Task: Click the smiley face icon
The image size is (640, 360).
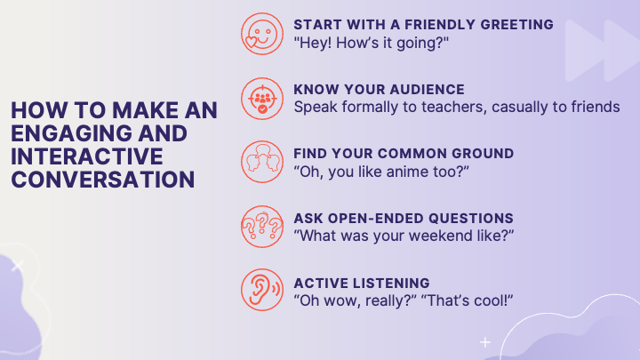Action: tap(262, 34)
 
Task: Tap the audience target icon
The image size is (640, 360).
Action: tap(262, 99)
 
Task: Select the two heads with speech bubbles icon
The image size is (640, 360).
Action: tap(262, 162)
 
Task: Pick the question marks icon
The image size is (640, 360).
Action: tap(262, 227)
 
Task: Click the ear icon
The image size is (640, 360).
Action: tap(262, 290)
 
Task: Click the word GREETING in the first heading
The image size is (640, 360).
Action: tap(516, 25)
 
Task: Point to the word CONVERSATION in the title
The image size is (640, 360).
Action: tap(103, 180)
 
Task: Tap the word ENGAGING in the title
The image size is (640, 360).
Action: tap(71, 133)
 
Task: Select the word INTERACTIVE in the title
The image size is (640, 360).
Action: tap(87, 156)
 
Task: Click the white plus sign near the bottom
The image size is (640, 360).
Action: tap(485, 342)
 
